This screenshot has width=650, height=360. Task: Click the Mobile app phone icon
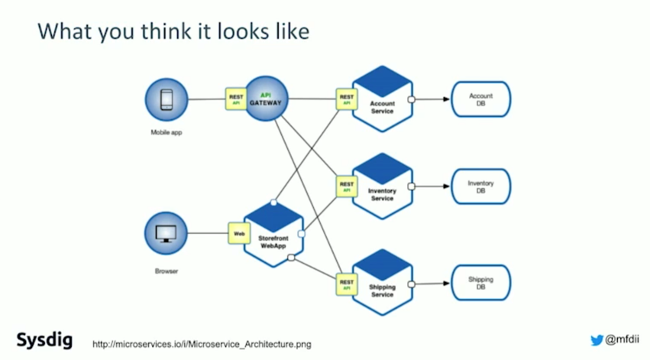pyautogui.click(x=166, y=99)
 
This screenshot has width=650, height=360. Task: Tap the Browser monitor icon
pyautogui.click(x=166, y=233)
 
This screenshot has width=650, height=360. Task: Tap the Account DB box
pyautogui.click(x=480, y=99)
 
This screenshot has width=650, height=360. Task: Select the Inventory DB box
pyautogui.click(x=480, y=186)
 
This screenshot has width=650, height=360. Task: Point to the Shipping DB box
pyautogui.click(x=480, y=283)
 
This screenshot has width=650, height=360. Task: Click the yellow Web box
pyautogui.click(x=238, y=233)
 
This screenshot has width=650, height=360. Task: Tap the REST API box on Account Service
pyautogui.click(x=347, y=99)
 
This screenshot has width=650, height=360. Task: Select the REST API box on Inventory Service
pyautogui.click(x=347, y=186)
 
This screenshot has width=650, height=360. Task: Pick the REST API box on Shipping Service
pyautogui.click(x=347, y=284)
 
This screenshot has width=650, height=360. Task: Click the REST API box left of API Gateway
pyautogui.click(x=236, y=99)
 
